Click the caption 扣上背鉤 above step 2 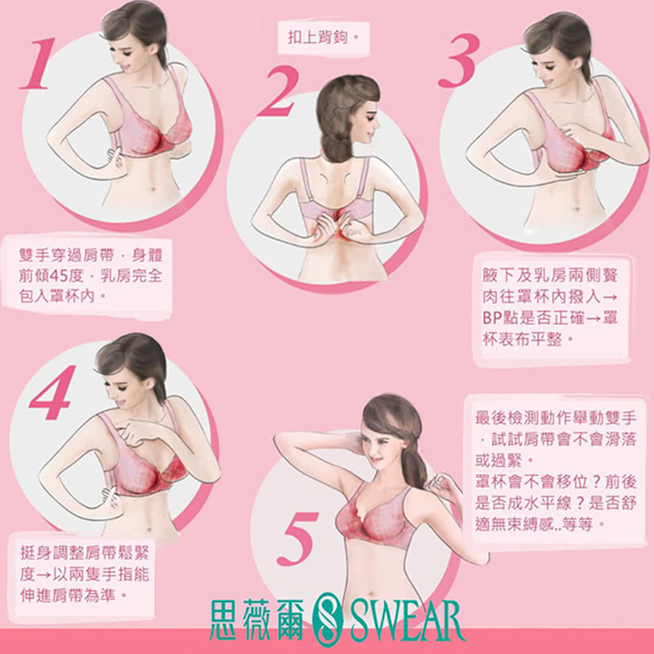point(317,37)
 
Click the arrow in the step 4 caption point(43,575)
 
